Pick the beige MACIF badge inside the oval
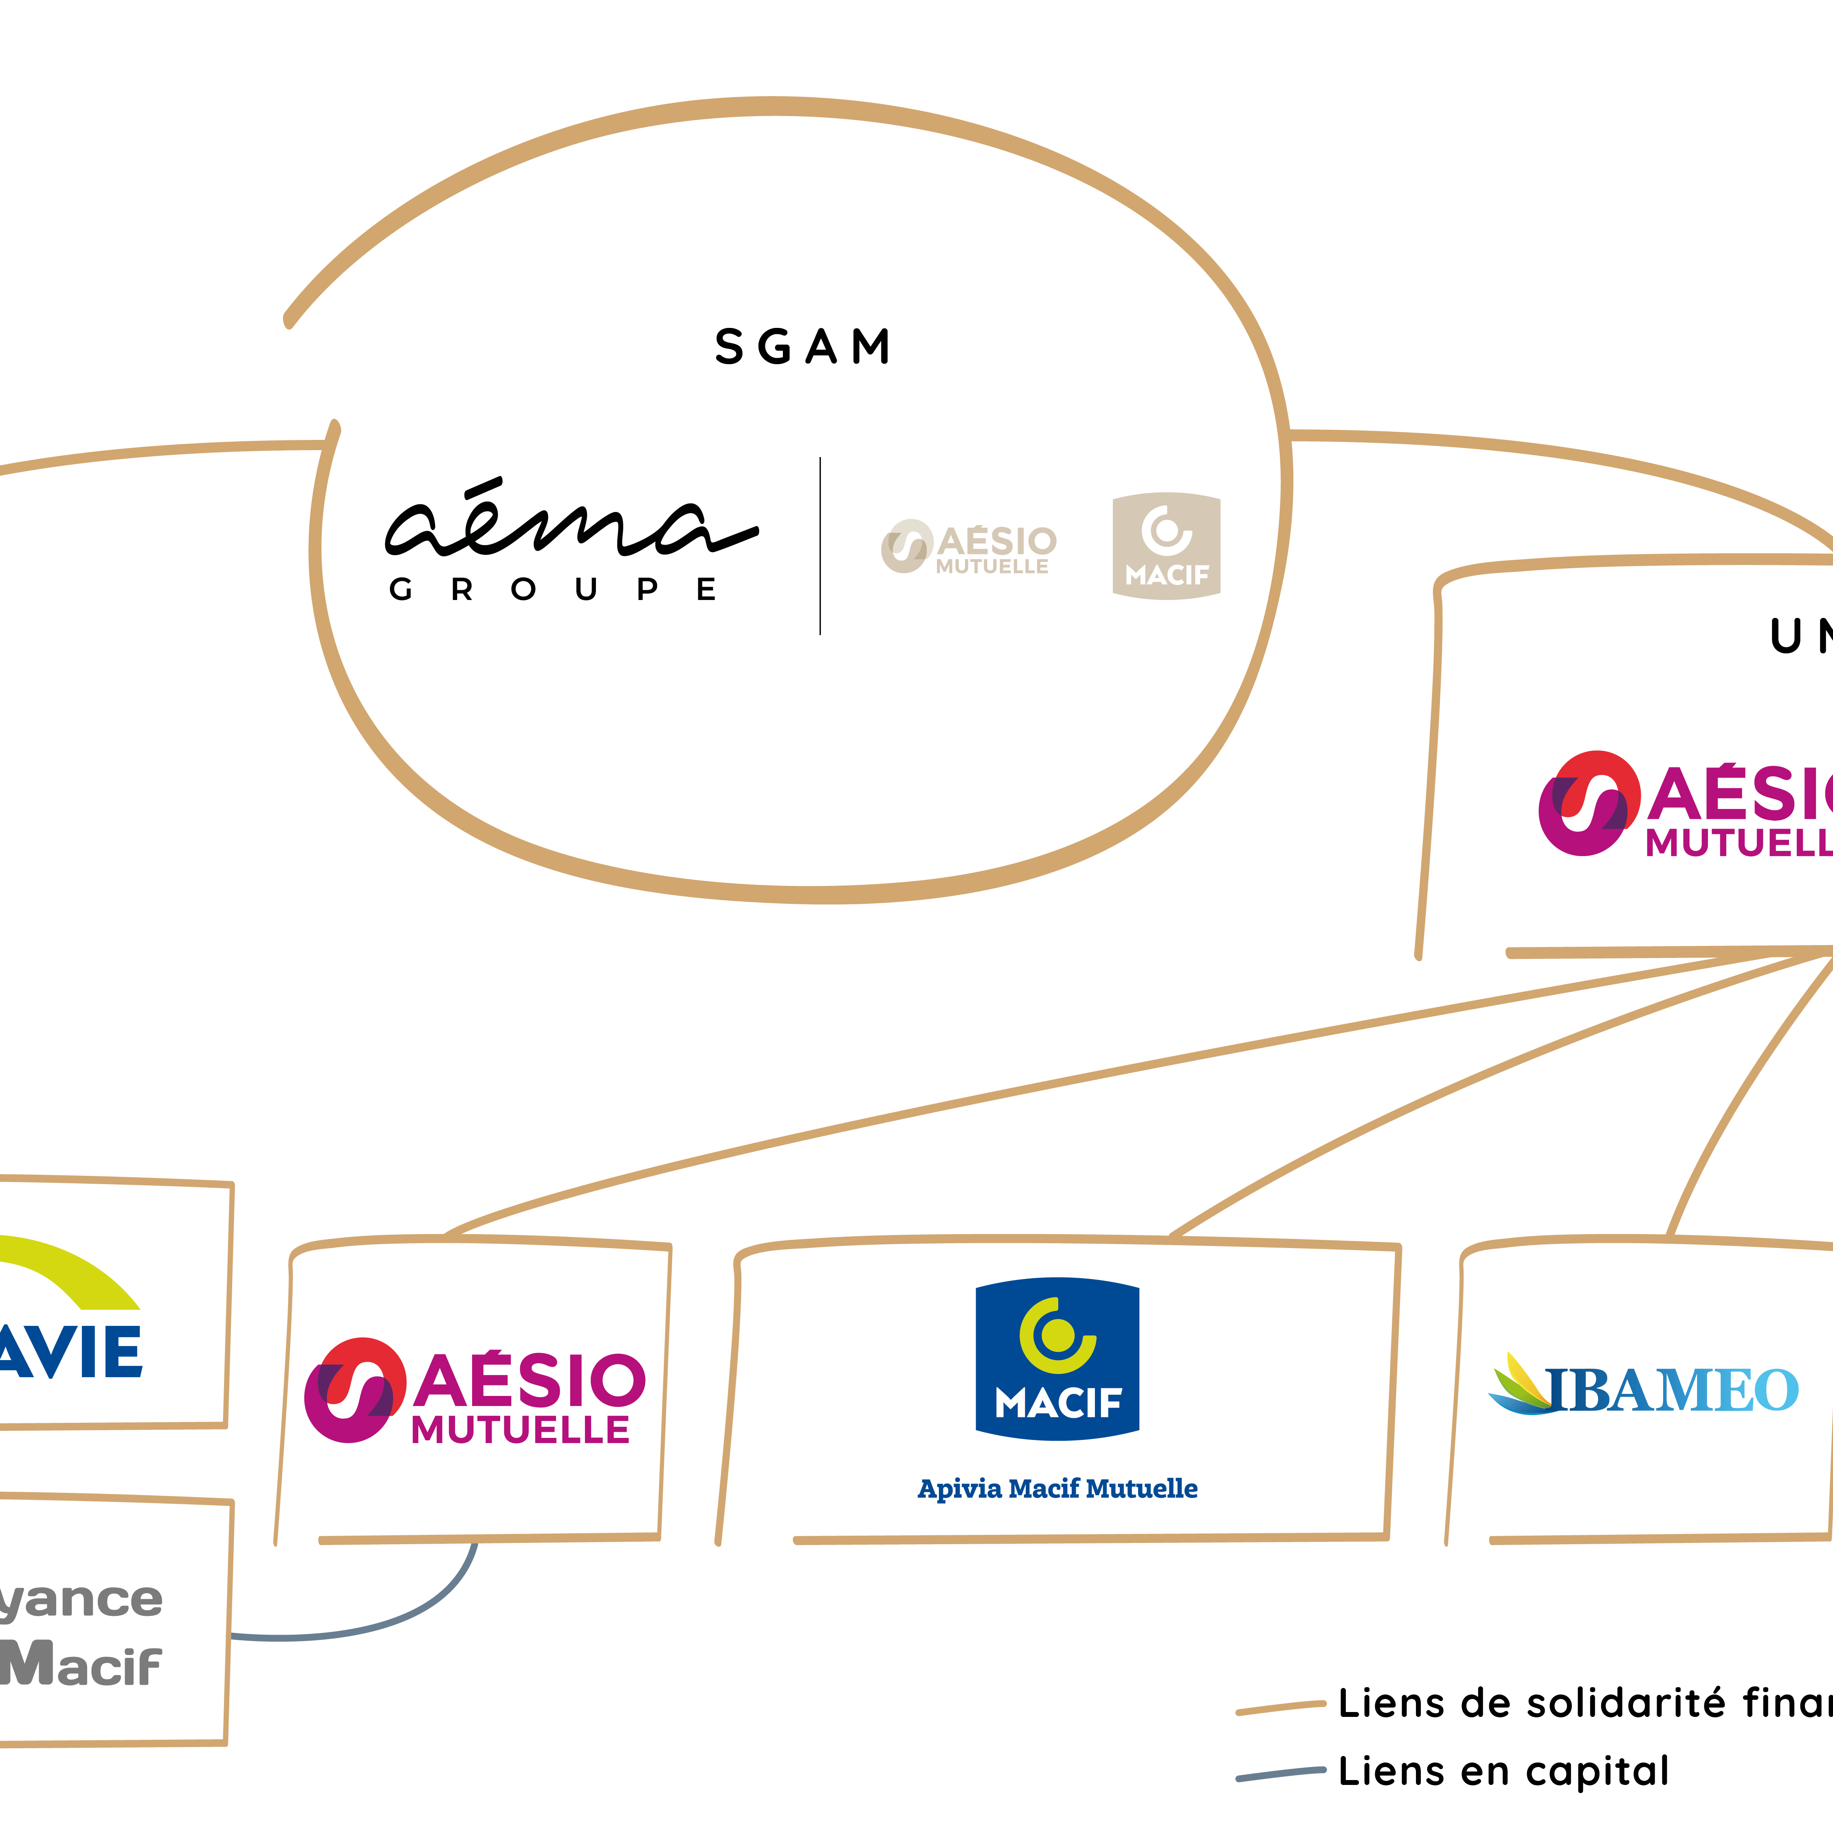coord(1166,545)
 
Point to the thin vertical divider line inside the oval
coord(820,545)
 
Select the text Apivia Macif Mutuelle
coord(1057,1489)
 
